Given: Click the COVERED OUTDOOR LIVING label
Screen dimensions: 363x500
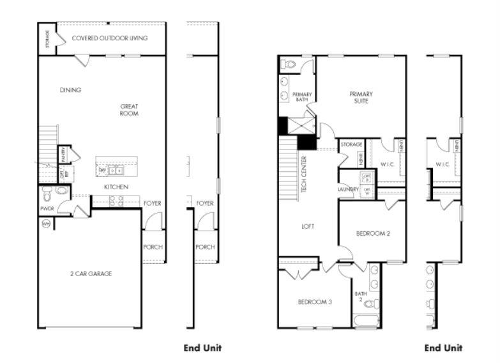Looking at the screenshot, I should (110, 38).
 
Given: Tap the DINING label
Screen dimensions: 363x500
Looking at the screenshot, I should (70, 90).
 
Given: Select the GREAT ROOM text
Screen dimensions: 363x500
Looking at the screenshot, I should (129, 110).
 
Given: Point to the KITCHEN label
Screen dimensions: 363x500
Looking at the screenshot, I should (116, 187).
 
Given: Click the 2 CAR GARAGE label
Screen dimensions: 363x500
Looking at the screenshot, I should (91, 274).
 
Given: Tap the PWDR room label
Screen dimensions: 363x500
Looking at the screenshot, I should (46, 208).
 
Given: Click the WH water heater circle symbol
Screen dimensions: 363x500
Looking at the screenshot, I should (46, 224).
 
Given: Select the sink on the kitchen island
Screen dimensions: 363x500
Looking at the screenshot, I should (115, 171).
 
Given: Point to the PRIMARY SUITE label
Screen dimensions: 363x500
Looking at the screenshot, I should (361, 98).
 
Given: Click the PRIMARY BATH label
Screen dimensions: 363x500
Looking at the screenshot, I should (302, 97).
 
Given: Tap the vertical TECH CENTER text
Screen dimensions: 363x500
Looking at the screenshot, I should (305, 174).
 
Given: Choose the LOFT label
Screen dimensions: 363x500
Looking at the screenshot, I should (308, 226).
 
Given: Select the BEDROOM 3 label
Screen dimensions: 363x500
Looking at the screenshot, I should (314, 302).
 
